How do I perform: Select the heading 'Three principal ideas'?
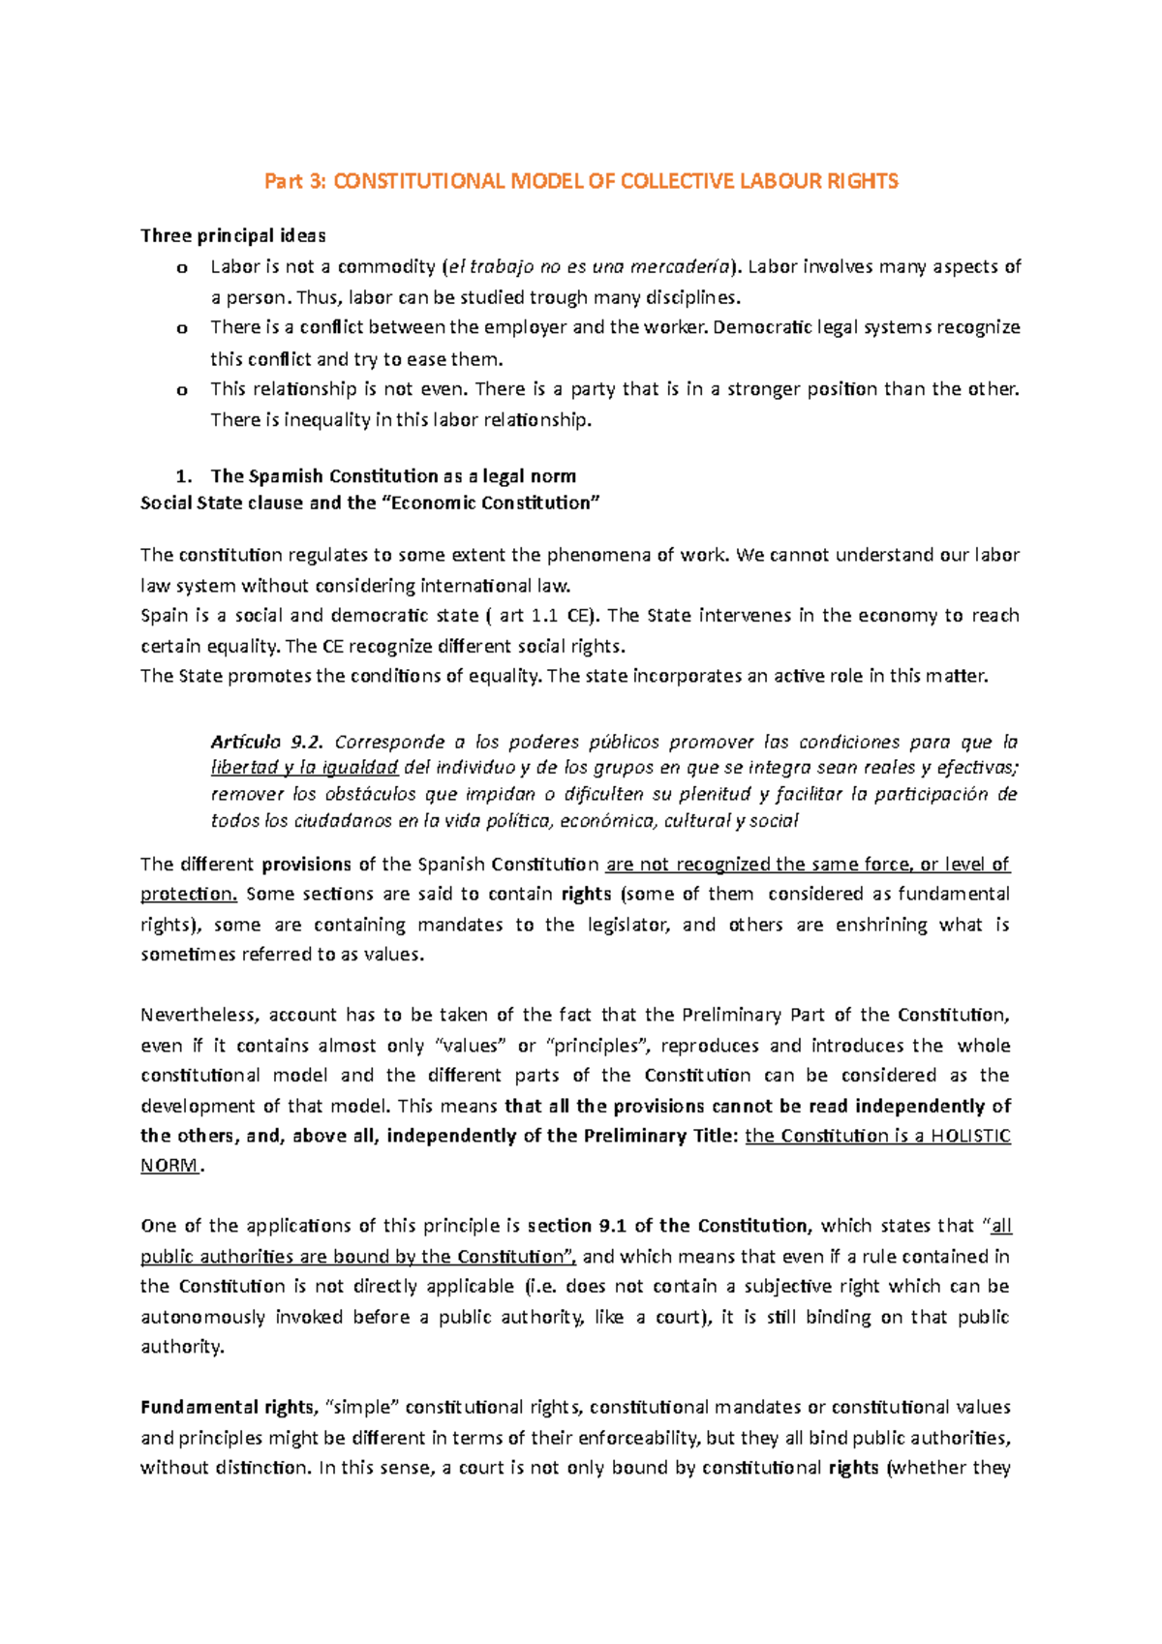(232, 235)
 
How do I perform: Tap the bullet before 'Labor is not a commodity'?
(182, 268)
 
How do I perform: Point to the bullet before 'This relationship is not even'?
(182, 390)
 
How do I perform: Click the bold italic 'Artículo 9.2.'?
(266, 743)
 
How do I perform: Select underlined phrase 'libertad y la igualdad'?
(304, 768)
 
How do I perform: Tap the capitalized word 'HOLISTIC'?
(970, 1136)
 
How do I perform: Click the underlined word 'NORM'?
(168, 1166)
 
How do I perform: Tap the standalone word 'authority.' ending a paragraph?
(182, 1347)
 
